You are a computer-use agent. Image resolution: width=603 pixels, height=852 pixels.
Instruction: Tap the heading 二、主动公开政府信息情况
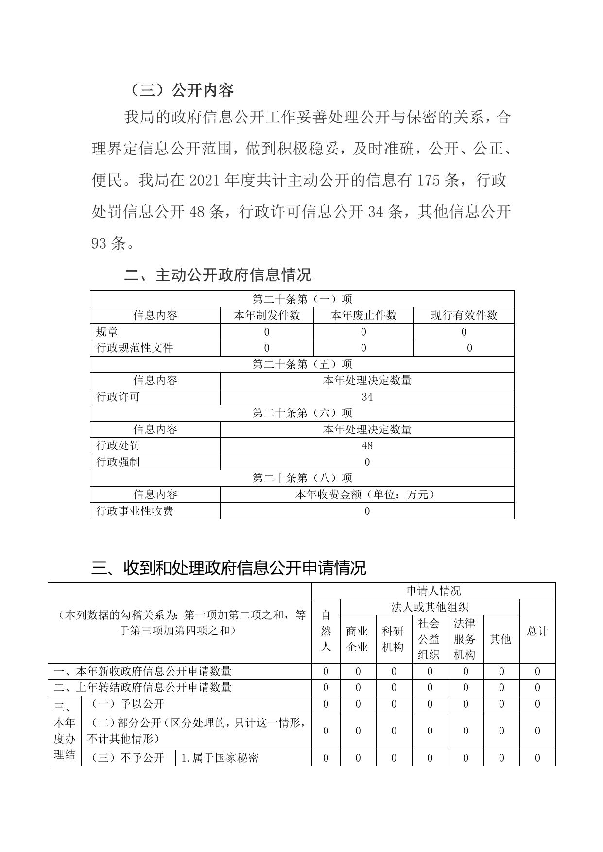point(218,275)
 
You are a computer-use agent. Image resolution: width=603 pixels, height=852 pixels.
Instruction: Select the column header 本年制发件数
point(267,315)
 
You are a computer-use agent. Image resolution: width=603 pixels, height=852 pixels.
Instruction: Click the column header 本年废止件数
point(363,315)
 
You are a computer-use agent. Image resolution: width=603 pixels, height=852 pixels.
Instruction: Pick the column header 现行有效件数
point(464,315)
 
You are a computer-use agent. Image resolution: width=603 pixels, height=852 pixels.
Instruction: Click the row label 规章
point(107,332)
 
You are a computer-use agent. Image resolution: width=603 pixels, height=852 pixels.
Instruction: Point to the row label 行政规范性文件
point(135,348)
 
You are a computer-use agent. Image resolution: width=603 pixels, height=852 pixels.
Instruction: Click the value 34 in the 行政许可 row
point(367,397)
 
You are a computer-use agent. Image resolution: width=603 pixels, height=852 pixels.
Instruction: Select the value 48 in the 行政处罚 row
point(367,445)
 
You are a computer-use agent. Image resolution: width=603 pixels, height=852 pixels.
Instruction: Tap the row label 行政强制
point(118,462)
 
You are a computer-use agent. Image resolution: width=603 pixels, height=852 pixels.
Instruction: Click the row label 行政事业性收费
point(135,511)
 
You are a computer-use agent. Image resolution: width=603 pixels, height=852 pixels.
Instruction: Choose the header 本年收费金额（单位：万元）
point(367,494)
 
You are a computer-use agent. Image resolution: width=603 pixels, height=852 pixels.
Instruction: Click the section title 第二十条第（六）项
point(302,413)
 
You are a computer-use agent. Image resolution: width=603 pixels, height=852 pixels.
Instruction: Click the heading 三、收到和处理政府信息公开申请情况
point(228,567)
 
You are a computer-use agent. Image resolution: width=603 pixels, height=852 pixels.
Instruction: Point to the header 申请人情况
point(433,591)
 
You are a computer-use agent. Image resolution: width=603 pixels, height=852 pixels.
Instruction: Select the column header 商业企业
point(357,639)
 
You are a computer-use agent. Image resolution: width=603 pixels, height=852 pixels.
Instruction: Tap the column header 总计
point(537,631)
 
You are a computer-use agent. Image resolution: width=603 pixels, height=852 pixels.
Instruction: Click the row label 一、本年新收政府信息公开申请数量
point(143,671)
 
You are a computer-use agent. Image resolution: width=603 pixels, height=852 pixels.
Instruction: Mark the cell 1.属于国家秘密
point(219,758)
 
